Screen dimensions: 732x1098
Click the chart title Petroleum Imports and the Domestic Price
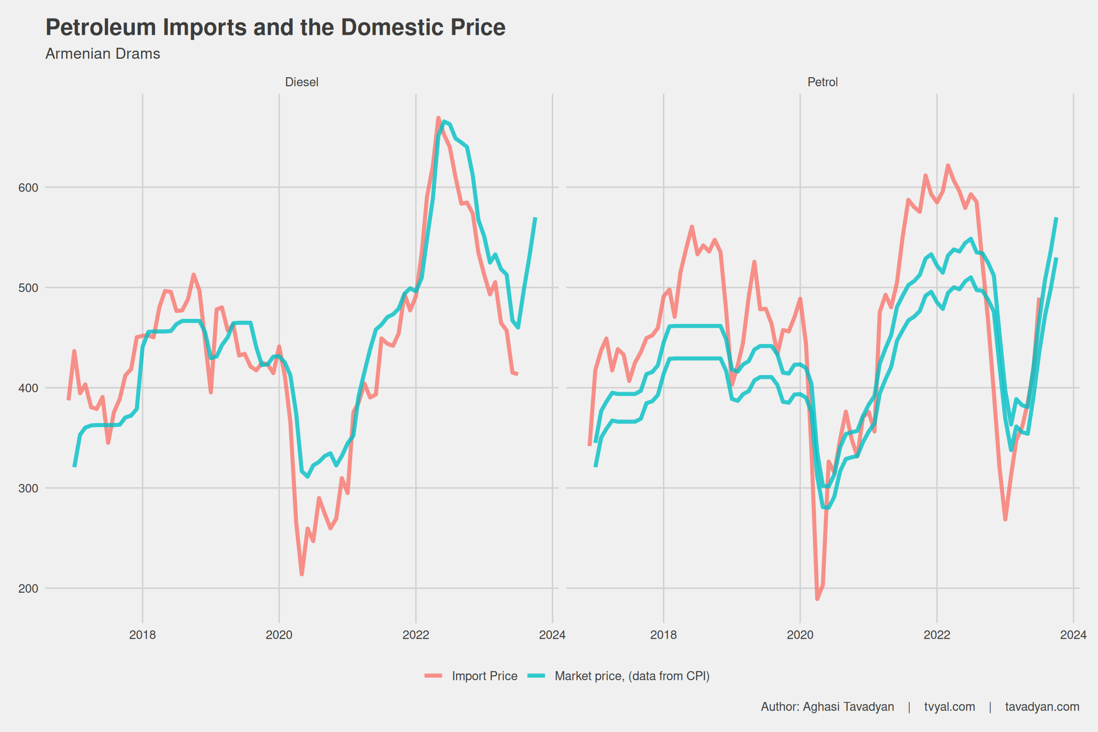(275, 27)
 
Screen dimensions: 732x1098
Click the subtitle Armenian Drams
(102, 54)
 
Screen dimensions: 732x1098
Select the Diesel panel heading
(302, 82)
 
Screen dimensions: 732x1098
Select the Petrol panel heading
(823, 82)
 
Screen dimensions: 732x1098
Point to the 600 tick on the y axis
(28, 188)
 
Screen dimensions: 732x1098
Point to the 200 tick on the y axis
(28, 589)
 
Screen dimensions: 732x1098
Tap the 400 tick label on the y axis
(28, 388)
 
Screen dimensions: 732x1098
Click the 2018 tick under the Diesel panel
(142, 635)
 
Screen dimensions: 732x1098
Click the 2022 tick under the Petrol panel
(937, 635)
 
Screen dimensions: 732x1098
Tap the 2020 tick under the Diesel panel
(279, 635)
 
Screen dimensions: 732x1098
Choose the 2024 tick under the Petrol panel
(1073, 635)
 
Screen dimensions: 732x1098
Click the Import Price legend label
(485, 676)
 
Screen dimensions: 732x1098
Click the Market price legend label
(632, 676)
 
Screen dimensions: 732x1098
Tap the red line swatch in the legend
(434, 676)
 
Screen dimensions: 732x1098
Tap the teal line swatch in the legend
(537, 676)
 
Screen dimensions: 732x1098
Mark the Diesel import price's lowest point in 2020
(302, 574)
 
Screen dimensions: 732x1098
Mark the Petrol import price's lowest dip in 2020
(817, 599)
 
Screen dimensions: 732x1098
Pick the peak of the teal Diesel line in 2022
(444, 122)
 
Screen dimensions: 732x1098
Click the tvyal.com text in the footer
(949, 707)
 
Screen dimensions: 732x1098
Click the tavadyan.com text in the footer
(1042, 707)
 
